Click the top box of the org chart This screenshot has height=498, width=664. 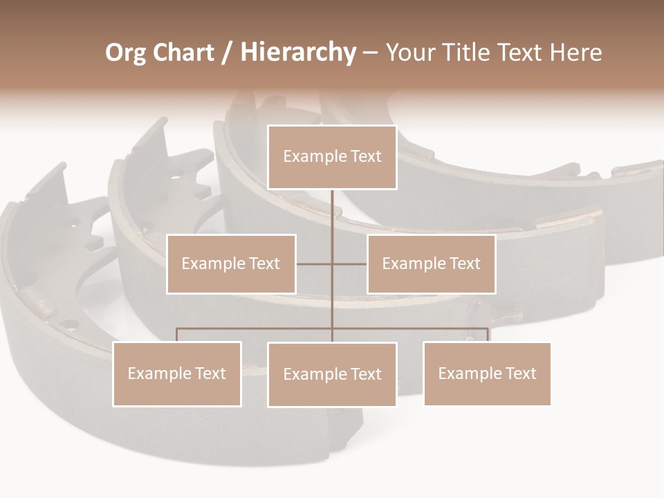pos(332,157)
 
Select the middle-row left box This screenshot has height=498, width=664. pos(231,264)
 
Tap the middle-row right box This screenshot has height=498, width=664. pos(431,264)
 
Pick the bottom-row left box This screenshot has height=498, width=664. pos(177,373)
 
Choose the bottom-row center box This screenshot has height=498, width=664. pos(332,374)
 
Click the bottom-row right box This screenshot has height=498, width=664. pos(487,373)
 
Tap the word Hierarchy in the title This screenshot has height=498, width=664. pos(298,53)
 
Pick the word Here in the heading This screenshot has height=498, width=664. pos(575,53)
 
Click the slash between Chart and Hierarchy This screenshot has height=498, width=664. pos(226,53)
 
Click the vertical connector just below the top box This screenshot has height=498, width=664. pos(332,207)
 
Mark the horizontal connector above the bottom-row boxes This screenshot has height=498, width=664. pos(256,329)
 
